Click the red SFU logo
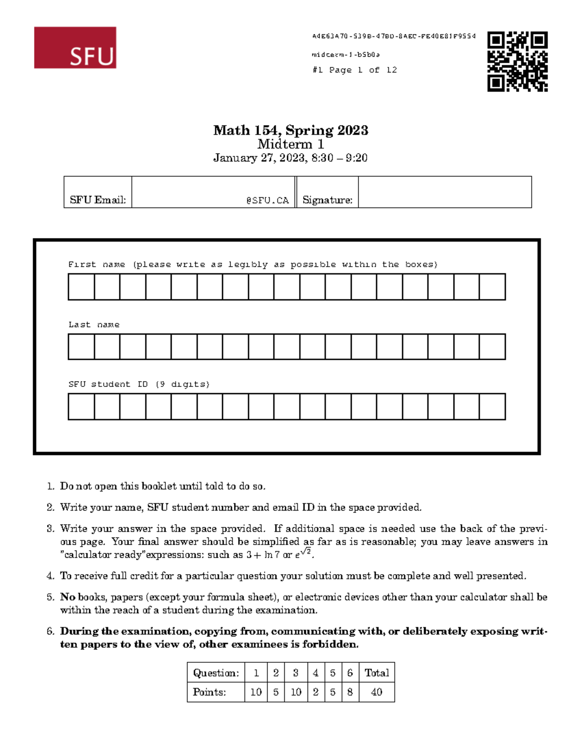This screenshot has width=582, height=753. click(75, 48)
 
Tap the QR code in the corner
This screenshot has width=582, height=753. click(517, 62)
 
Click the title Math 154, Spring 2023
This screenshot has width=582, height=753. click(291, 130)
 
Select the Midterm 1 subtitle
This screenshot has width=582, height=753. click(291, 144)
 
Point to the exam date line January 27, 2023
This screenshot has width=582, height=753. click(291, 158)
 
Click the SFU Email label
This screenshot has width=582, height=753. click(98, 200)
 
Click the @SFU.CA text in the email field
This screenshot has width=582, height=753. click(267, 200)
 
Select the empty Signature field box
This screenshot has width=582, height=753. click(444, 192)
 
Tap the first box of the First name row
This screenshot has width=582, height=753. click(81, 287)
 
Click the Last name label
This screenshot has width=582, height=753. click(94, 325)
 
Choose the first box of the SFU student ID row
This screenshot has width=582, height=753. click(81, 406)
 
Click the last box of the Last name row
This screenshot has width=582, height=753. click(492, 347)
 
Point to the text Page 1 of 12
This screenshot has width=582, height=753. click(363, 70)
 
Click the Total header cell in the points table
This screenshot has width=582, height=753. click(377, 673)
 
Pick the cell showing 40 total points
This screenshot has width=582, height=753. click(377, 692)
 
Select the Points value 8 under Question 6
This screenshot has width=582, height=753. click(350, 692)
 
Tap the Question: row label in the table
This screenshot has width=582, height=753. click(216, 673)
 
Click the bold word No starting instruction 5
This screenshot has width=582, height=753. click(67, 597)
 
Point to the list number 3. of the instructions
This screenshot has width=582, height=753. click(50, 529)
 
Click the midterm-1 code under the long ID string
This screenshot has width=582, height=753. click(345, 55)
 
